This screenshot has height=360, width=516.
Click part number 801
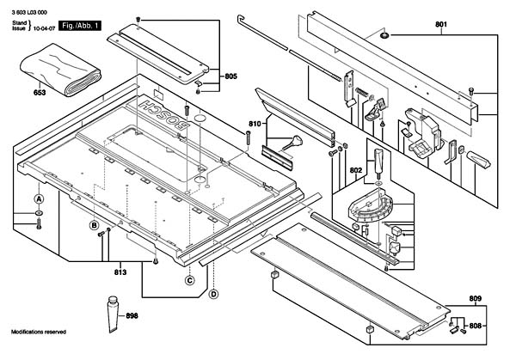[x=441, y=27]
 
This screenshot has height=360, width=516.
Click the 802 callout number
[x=355, y=171]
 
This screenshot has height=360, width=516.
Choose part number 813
[x=120, y=272]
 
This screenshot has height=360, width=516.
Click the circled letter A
[x=38, y=198]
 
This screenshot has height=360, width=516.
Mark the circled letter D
[x=213, y=294]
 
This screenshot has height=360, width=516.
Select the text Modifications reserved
[x=39, y=332]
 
